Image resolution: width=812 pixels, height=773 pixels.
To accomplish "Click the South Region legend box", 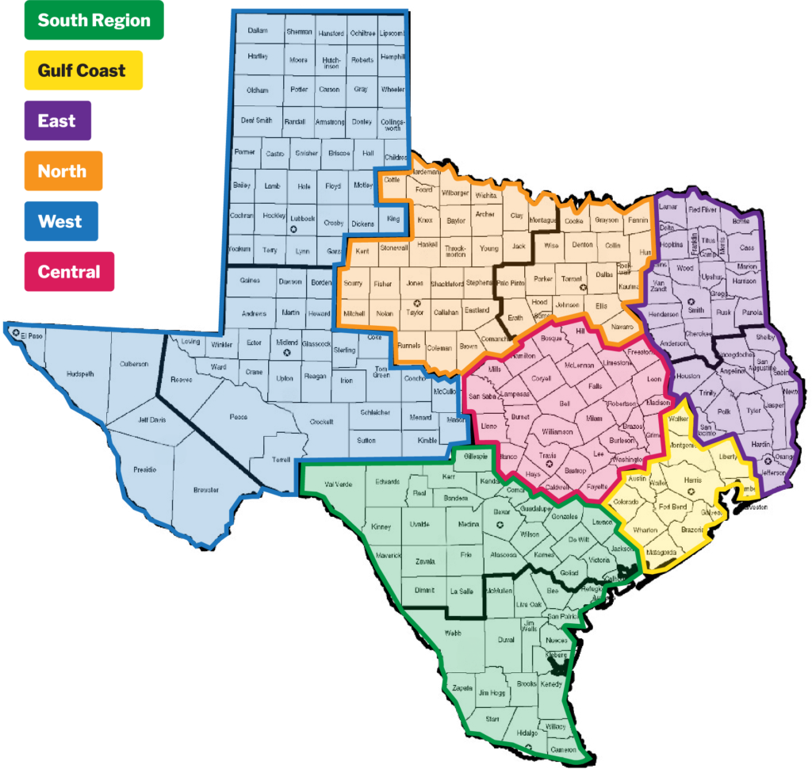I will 94,21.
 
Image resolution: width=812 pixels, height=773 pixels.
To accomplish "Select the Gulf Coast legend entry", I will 83,71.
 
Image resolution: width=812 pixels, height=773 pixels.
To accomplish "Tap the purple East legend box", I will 57,121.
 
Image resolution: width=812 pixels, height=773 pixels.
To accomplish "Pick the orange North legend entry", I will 62,171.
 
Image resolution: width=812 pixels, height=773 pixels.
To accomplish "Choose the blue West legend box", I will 60,221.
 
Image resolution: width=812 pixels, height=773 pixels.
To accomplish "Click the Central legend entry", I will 69,272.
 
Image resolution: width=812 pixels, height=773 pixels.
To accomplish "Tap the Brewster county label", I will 206,489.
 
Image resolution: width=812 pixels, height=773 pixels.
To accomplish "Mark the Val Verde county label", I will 338,484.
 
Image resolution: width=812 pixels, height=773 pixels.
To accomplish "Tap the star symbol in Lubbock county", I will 293,229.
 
